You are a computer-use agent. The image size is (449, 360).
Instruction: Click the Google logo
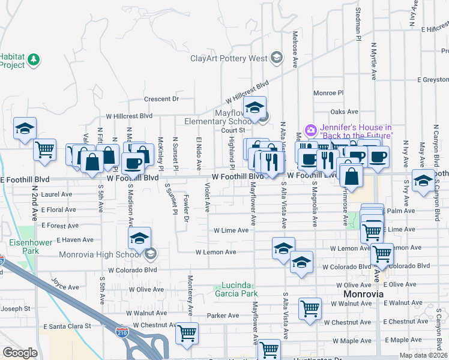(20, 353)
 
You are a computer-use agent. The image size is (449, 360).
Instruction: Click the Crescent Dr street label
(161, 99)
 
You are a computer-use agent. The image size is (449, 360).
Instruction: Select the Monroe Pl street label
(328, 93)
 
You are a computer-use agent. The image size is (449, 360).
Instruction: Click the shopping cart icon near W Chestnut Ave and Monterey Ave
(187, 332)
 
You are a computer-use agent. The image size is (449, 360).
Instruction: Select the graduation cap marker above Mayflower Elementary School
(255, 107)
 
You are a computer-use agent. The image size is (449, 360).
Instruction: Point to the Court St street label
(234, 130)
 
